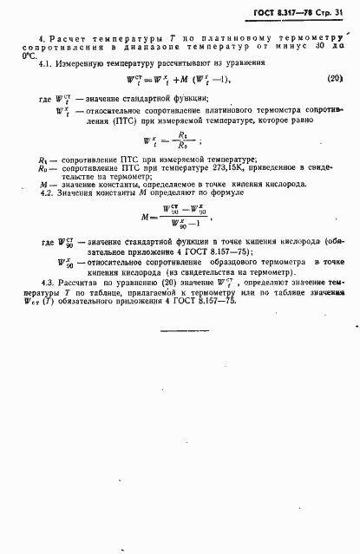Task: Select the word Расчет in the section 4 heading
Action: tap(69, 41)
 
